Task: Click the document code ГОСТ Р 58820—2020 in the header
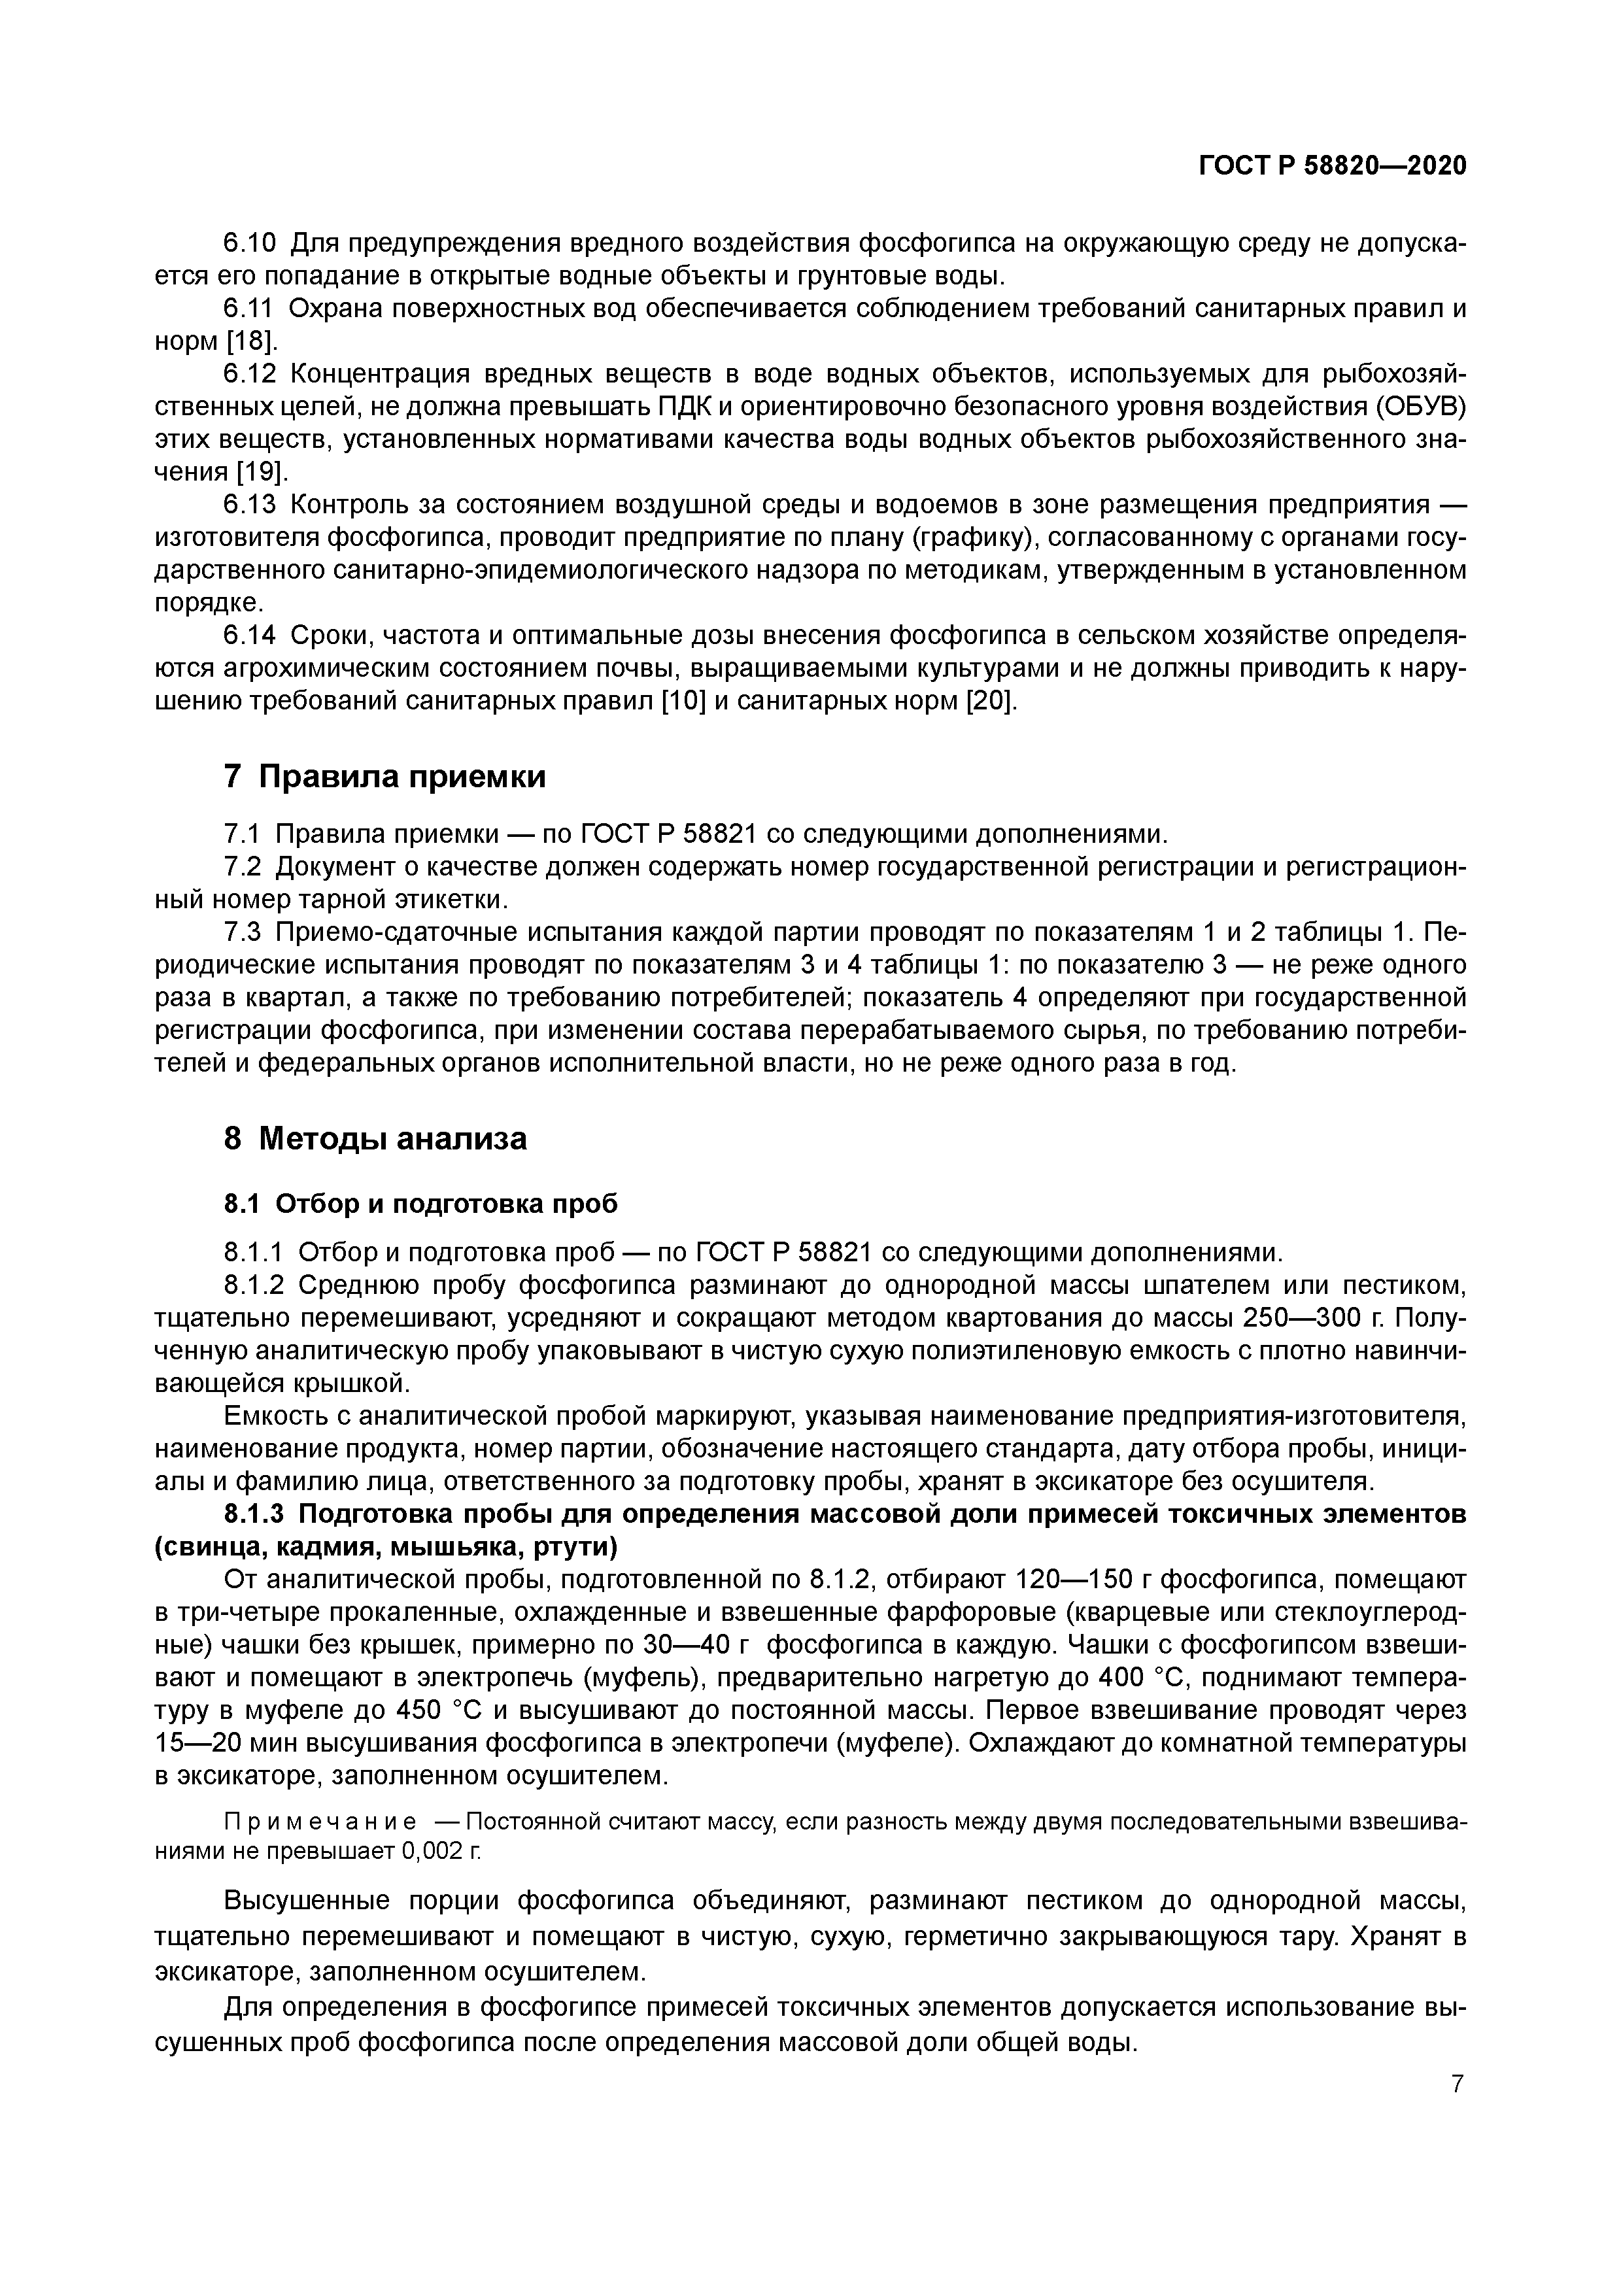pyautogui.click(x=1333, y=166)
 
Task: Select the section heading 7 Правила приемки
pyautogui.click(x=384, y=776)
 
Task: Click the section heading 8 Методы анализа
pyautogui.click(x=375, y=1138)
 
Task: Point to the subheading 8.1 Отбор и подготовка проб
pyautogui.click(x=420, y=1204)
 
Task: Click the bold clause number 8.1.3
pyautogui.click(x=254, y=1515)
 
